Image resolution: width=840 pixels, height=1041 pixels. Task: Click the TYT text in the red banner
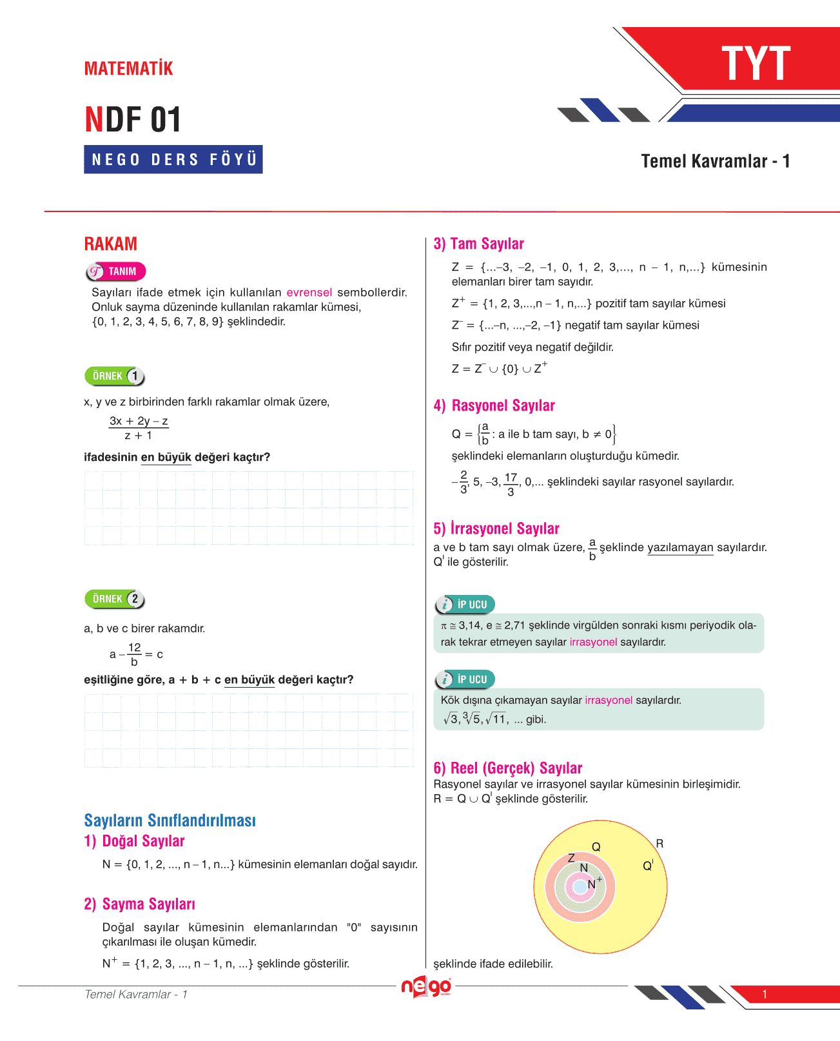pyautogui.click(x=756, y=64)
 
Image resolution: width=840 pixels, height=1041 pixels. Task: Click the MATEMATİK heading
pyautogui.click(x=128, y=68)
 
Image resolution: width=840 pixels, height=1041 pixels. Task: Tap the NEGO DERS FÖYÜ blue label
pyautogui.click(x=173, y=159)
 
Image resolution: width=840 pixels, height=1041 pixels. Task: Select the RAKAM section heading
pyautogui.click(x=111, y=244)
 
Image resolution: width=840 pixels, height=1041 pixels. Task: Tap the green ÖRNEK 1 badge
pyautogui.click(x=115, y=376)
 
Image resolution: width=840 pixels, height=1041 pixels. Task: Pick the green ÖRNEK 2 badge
pyautogui.click(x=115, y=599)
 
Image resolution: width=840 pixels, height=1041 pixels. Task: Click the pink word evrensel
pyautogui.click(x=309, y=293)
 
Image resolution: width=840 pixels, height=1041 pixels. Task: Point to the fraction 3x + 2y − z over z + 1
pyautogui.click(x=139, y=428)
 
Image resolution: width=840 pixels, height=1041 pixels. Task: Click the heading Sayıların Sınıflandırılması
pyautogui.click(x=170, y=820)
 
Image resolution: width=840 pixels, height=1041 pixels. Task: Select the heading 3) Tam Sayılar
pyautogui.click(x=478, y=244)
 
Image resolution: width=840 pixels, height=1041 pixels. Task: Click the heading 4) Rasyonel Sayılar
pyautogui.click(x=494, y=405)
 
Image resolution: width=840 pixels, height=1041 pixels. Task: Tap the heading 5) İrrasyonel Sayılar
pyautogui.click(x=496, y=529)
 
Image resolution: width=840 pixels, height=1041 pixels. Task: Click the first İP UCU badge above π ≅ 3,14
pyautogui.click(x=465, y=605)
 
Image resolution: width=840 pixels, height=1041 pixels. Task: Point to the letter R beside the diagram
pyautogui.click(x=659, y=844)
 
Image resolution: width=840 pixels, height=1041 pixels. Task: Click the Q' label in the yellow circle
pyautogui.click(x=648, y=866)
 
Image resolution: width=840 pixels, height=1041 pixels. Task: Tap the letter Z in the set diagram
pyautogui.click(x=571, y=858)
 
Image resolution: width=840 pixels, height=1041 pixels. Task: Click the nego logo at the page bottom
pyautogui.click(x=426, y=987)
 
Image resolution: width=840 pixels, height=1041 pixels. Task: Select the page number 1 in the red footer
pyautogui.click(x=765, y=995)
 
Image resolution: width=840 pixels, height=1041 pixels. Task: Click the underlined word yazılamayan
pyautogui.click(x=680, y=548)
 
